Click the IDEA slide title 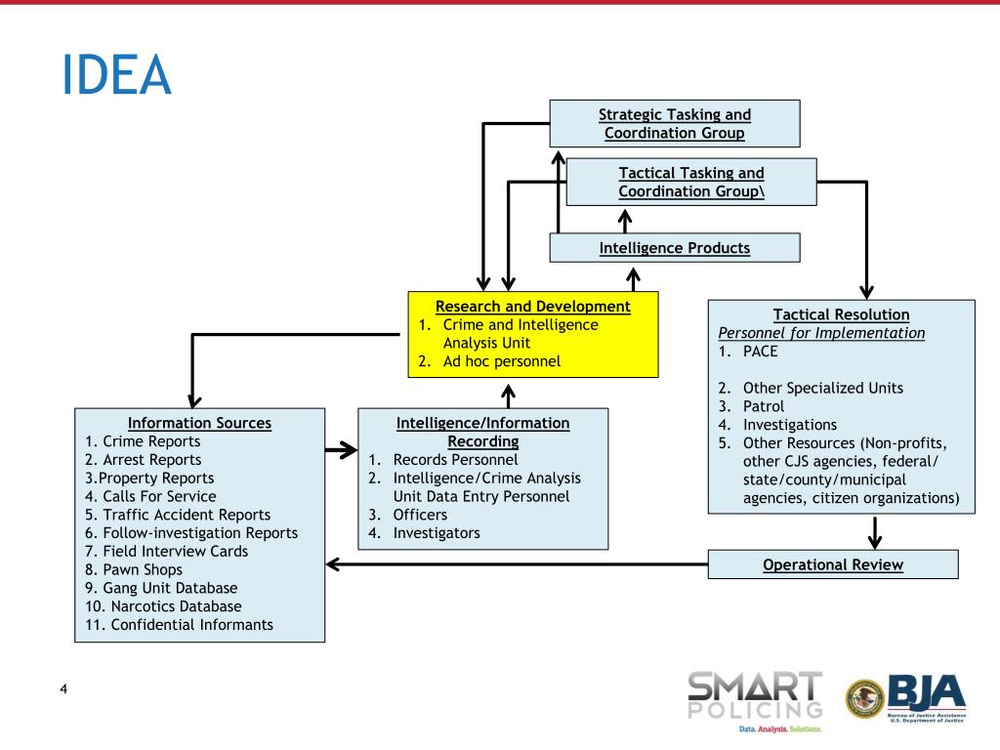coord(115,75)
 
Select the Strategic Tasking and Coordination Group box coord(675,123)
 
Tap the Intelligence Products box coord(675,248)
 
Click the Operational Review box coord(833,564)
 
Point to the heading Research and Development coord(533,307)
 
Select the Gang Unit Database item coord(161,588)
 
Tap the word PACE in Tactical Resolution coord(761,351)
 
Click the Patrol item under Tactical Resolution coord(764,405)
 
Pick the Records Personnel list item coord(455,459)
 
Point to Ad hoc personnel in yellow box coord(502,361)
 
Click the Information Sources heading coord(200,423)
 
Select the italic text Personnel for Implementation coord(821,333)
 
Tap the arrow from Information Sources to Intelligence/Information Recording coord(341,450)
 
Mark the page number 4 coord(63,691)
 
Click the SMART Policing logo coord(755,700)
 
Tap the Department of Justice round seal coord(864,699)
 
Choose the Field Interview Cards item coord(167,551)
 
